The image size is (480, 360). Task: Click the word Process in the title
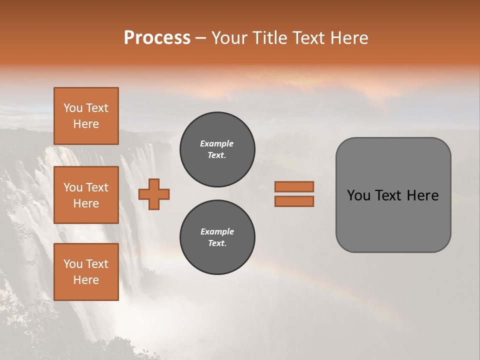(157, 38)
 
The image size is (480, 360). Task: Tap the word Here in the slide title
(349, 38)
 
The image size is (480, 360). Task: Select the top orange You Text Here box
(86, 116)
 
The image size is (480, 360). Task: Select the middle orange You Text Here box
(86, 195)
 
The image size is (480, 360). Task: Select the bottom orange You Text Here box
(86, 272)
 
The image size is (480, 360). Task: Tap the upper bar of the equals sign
(294, 186)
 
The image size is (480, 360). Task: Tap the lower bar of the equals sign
(294, 201)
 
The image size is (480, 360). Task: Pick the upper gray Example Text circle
(217, 149)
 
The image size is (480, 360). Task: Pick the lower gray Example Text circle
(217, 237)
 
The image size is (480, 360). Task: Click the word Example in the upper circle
(217, 144)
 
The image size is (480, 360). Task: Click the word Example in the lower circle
(217, 232)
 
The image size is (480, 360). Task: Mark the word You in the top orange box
(73, 108)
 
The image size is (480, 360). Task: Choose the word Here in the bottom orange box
(86, 280)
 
